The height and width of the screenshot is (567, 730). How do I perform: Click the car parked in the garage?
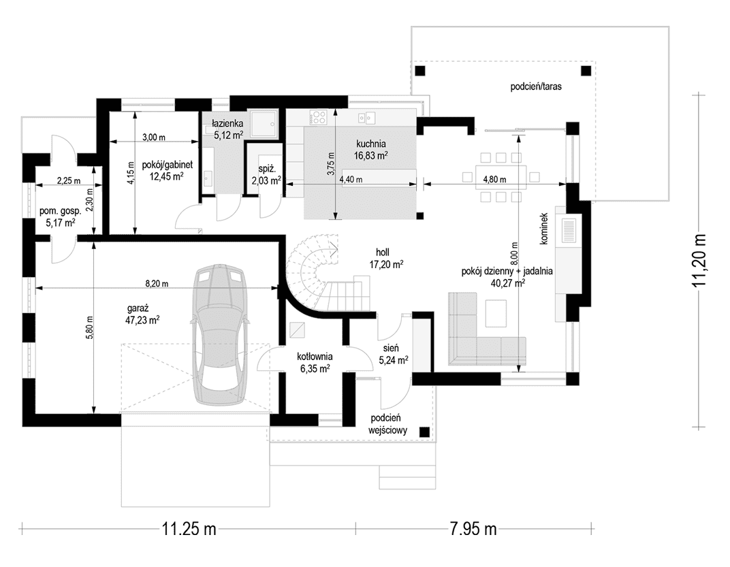(218, 335)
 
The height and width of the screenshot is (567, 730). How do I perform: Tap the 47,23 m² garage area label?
(144, 319)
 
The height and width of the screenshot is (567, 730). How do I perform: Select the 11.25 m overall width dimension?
(189, 529)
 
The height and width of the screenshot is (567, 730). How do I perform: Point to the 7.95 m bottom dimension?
(473, 529)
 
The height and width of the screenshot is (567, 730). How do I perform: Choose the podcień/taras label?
(536, 86)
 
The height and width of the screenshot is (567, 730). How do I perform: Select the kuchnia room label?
(371, 144)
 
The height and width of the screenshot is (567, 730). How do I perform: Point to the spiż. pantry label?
(266, 170)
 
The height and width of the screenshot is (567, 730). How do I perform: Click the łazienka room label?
(227, 124)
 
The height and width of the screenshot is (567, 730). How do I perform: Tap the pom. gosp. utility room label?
(61, 211)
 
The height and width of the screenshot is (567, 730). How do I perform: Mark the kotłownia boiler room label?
(315, 357)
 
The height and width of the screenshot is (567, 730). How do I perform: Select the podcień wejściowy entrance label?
(388, 424)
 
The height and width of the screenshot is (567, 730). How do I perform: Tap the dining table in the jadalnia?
(501, 177)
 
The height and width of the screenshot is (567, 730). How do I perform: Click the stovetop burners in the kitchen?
(319, 116)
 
